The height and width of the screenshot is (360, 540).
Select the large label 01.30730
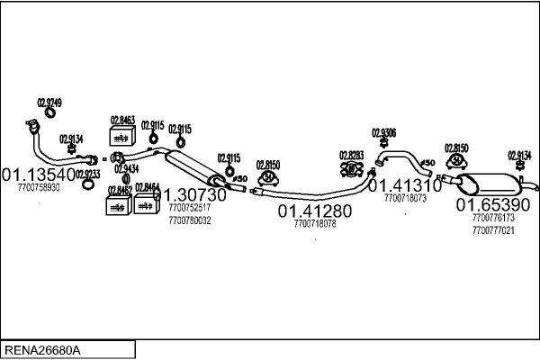(191, 194)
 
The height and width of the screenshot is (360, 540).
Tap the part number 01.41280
(315, 211)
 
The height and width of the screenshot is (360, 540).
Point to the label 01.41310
(405, 185)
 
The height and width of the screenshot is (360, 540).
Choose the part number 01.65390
(494, 205)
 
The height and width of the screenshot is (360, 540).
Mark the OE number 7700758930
(39, 188)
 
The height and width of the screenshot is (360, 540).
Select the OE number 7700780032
(189, 220)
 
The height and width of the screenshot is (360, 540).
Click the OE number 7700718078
(315, 224)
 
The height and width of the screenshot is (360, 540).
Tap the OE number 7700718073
(405, 197)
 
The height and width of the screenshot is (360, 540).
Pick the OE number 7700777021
(493, 229)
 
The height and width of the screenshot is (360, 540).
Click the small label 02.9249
(49, 102)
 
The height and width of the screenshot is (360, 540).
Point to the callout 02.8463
(122, 119)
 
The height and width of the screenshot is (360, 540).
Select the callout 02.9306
(383, 133)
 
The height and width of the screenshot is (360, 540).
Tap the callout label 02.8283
(351, 155)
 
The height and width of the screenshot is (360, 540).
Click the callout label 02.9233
(88, 174)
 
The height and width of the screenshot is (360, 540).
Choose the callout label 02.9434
(126, 168)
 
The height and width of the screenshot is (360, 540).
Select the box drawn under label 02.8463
(121, 136)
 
